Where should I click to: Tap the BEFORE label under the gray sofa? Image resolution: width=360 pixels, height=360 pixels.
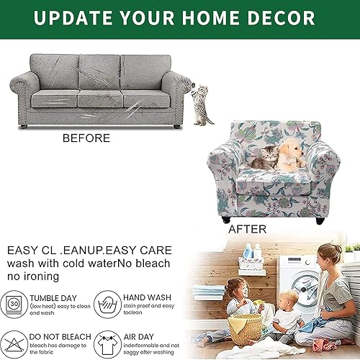tap(87, 138)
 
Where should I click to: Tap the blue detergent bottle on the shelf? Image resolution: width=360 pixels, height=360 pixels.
tap(248, 251)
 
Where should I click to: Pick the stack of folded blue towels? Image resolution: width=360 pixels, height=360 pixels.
tap(209, 294)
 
